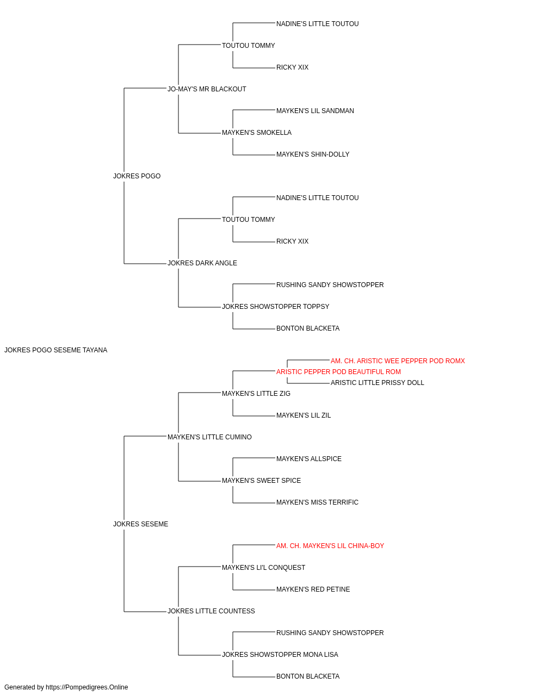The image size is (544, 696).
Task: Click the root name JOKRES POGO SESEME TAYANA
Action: coord(55,350)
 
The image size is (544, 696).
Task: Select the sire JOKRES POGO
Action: coord(137,176)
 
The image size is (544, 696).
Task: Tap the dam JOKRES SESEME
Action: coord(141,524)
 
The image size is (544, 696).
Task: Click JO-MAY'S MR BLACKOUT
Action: coord(207,89)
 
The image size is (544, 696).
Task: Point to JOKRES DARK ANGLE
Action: coord(202,263)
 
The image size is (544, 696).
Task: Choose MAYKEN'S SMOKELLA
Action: coord(257,133)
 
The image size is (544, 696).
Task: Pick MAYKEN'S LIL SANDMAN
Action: coord(316,111)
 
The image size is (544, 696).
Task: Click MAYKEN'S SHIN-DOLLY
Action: coord(313,154)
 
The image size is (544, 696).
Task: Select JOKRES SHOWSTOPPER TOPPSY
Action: coord(276,307)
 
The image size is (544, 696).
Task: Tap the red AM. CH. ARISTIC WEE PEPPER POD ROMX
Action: coord(398,361)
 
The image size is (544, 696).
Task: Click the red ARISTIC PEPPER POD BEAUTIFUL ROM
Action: coord(338,372)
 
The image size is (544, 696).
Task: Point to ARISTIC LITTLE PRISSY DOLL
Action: coord(378,383)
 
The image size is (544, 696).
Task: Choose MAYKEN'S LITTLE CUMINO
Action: coord(210,437)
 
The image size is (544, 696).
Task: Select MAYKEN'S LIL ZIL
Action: coord(304,415)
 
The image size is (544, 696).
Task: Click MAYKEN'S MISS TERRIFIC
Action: coord(318,502)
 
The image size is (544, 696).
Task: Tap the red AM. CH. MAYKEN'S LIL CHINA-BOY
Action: coord(330,546)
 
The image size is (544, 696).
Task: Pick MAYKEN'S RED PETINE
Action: coord(313,589)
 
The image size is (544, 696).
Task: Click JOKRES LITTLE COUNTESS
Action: coord(212,611)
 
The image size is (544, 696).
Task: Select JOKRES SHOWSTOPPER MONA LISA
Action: coord(280,655)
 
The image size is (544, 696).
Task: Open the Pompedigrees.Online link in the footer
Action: coord(87,687)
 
